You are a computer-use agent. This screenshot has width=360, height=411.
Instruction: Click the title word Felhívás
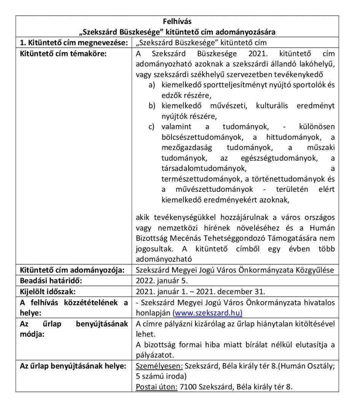point(177,21)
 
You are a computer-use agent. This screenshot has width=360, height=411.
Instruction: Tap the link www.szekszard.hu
point(208,313)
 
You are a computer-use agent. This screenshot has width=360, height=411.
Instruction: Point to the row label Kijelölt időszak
point(48,292)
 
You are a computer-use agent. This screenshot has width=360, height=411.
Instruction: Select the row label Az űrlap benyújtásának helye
point(73,366)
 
